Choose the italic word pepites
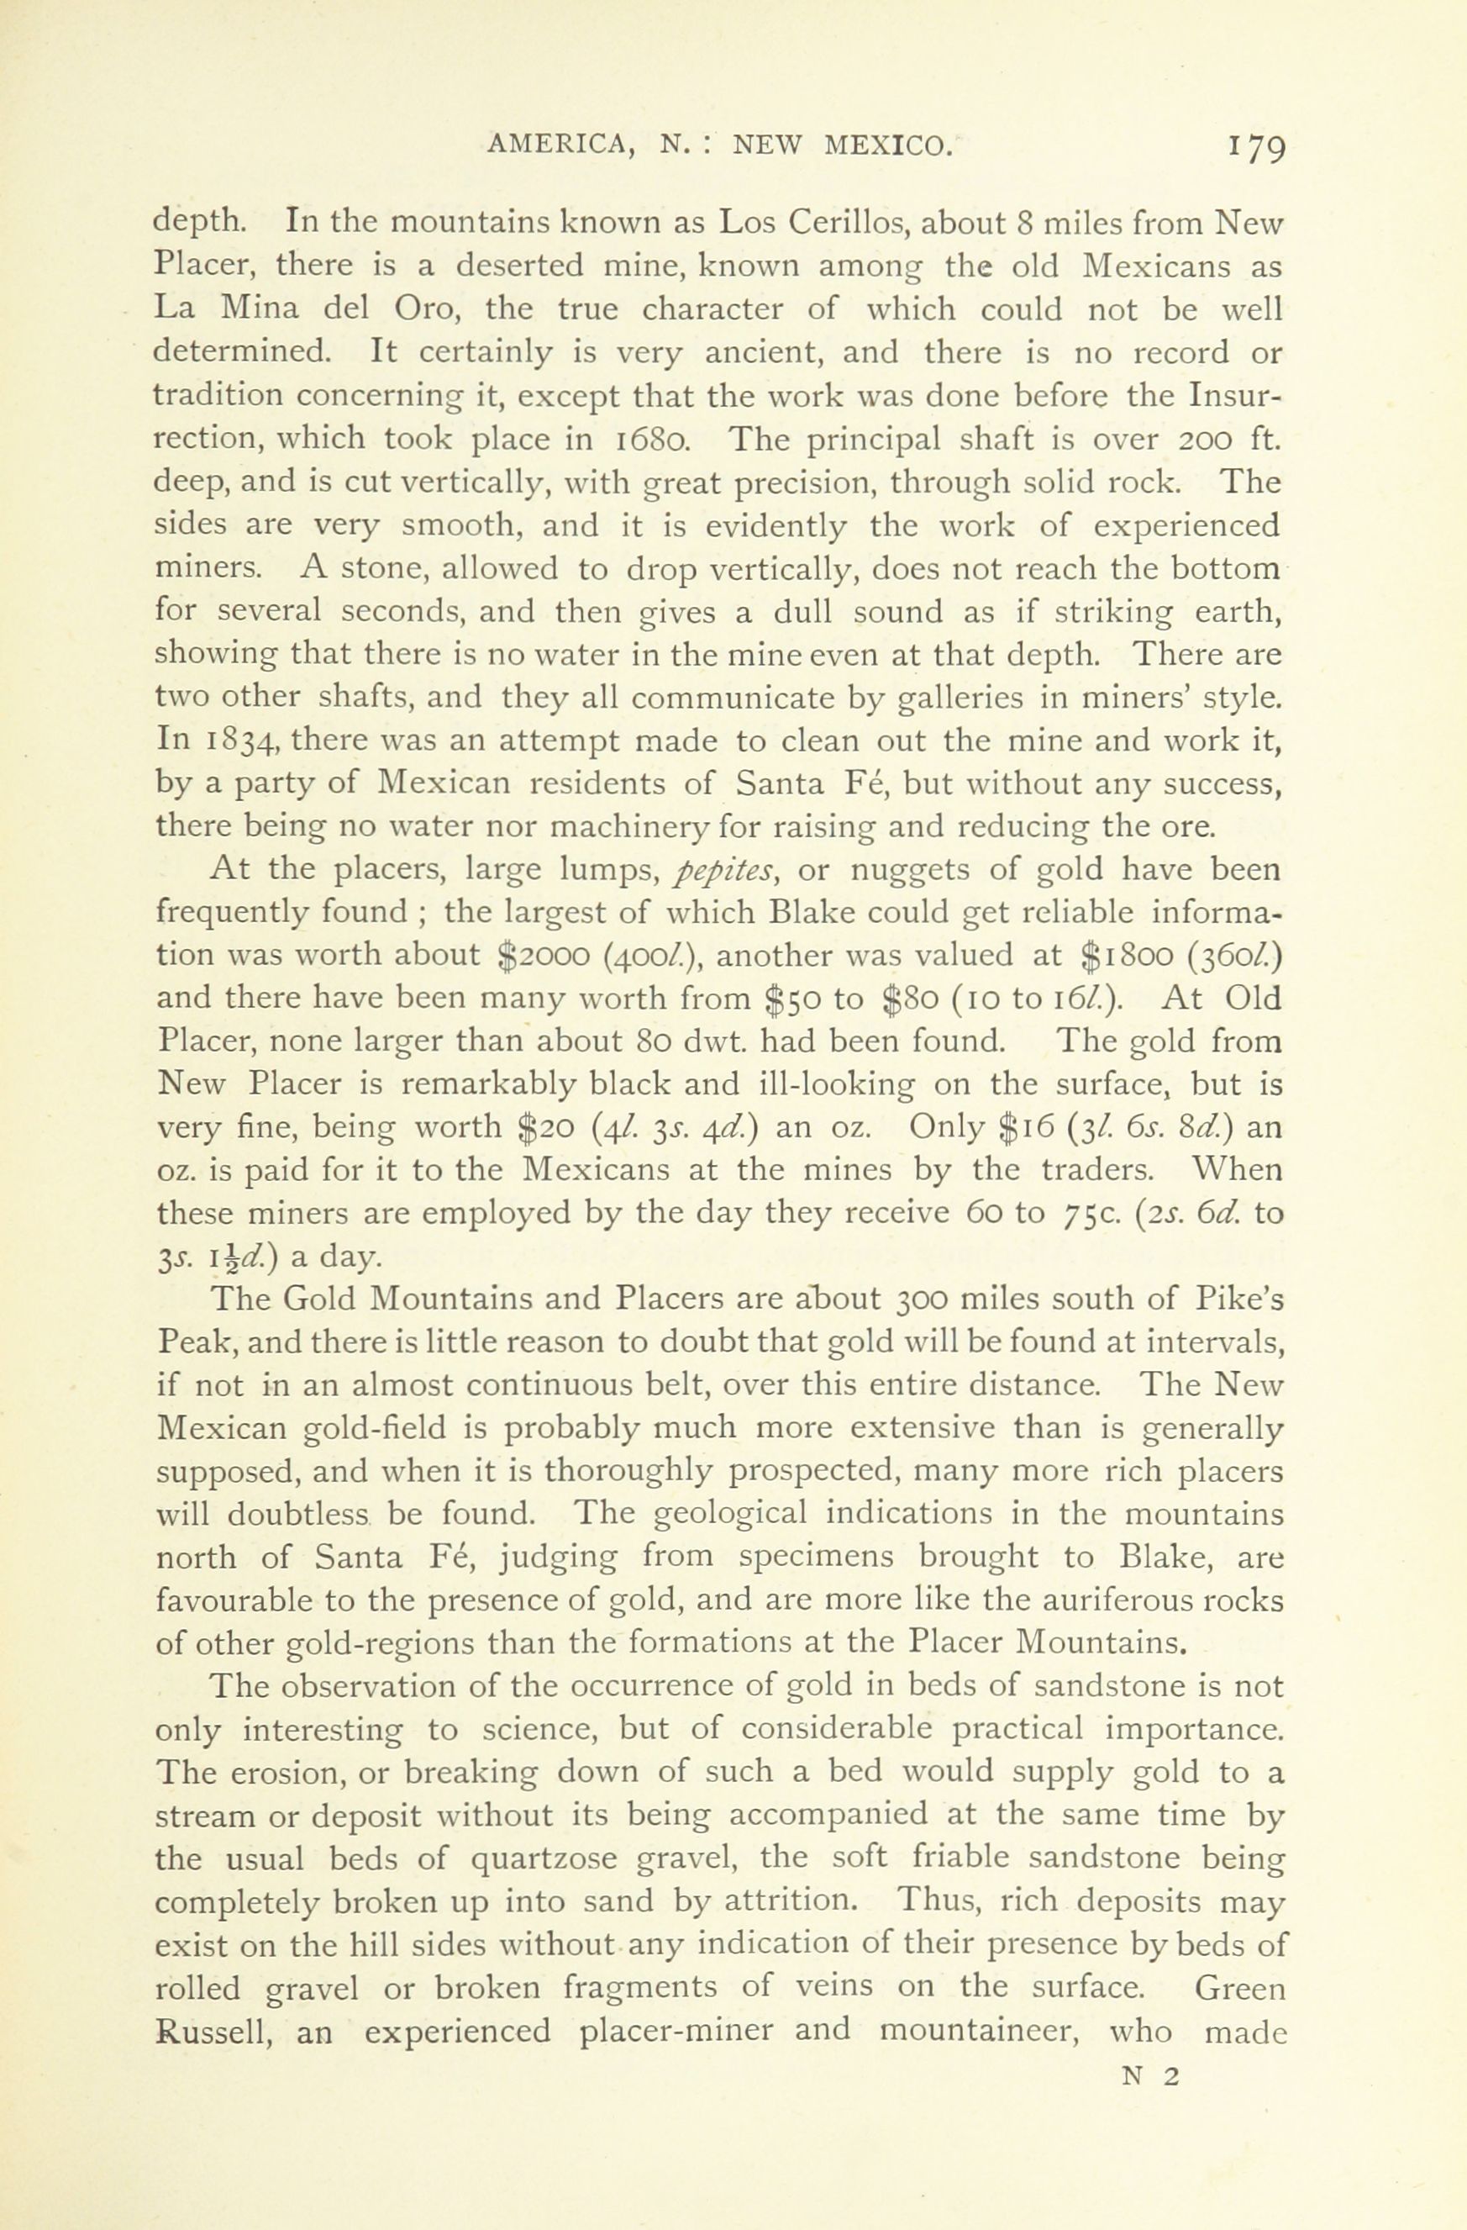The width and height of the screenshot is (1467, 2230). (x=722, y=872)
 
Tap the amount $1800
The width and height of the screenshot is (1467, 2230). (x=1123, y=957)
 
